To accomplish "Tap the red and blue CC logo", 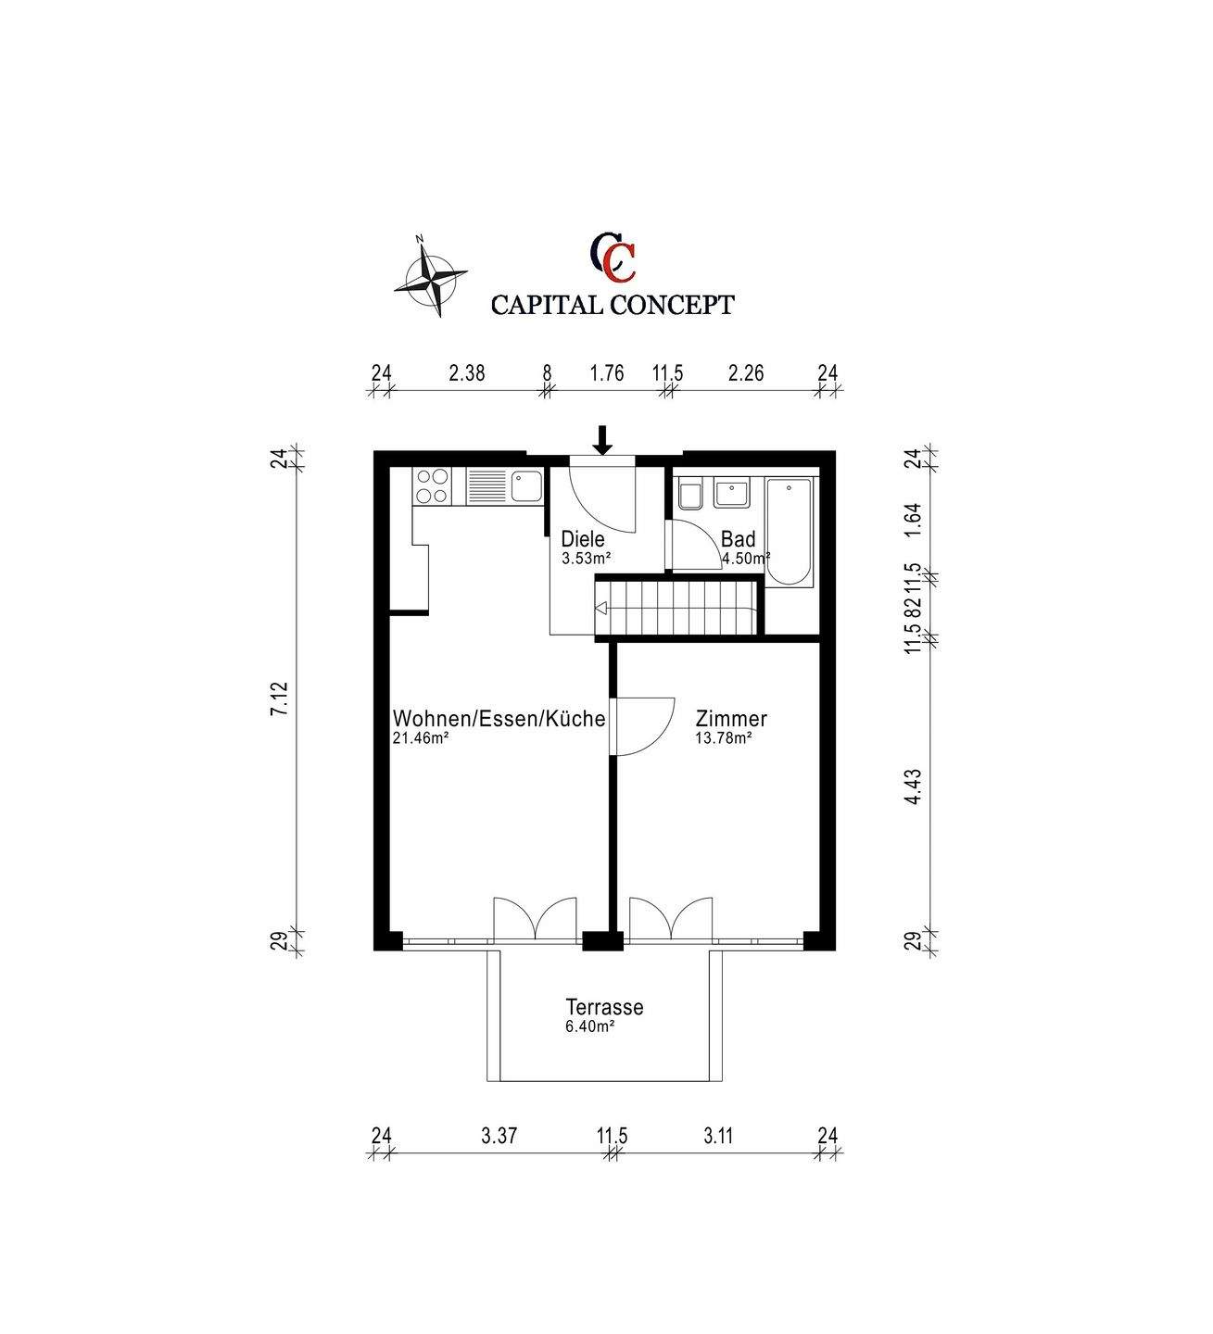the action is pyautogui.click(x=613, y=256).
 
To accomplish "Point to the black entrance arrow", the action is pyautogui.click(x=602, y=440).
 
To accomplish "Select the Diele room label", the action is pyautogui.click(x=583, y=538).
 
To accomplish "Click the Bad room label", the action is pyautogui.click(x=738, y=538).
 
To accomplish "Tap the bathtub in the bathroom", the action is pyautogui.click(x=790, y=532).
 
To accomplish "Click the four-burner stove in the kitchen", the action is pyautogui.click(x=432, y=486).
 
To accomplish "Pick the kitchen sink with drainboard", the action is pyautogui.click(x=504, y=486).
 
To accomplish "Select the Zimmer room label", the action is pyautogui.click(x=731, y=719).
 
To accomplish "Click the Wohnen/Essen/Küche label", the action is pyautogui.click(x=499, y=719).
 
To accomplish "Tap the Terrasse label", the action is pyautogui.click(x=604, y=1007).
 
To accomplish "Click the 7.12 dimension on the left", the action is pyautogui.click(x=280, y=698).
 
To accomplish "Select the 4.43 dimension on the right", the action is pyautogui.click(x=914, y=787).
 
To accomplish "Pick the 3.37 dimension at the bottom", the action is pyautogui.click(x=499, y=1135).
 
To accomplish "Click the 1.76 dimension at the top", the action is pyautogui.click(x=607, y=373).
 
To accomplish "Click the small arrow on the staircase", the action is pyautogui.click(x=601, y=608).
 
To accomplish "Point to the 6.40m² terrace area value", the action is pyautogui.click(x=589, y=1026).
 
